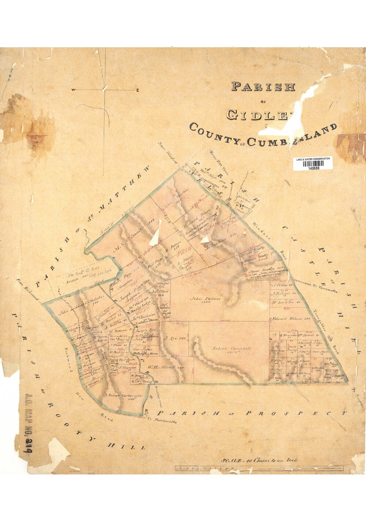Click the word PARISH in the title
(x=263, y=87)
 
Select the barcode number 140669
(x=313, y=169)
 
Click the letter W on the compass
(x=74, y=90)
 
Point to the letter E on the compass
(x=138, y=90)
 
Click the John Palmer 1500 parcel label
(x=206, y=301)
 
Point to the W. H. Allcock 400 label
(x=165, y=367)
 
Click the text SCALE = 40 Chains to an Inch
(x=259, y=460)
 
